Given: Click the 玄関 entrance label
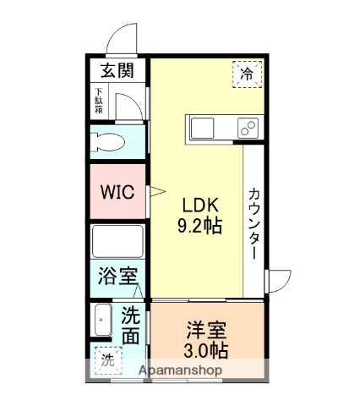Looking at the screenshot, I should [117, 71].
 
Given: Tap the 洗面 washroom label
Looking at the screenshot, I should [131, 326].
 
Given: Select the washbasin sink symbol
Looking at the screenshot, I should [102, 321].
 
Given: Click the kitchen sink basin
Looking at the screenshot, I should [205, 129].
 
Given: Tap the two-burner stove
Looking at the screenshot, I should [247, 129].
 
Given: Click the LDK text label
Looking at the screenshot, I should [201, 206].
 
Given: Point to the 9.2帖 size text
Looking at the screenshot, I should [201, 227].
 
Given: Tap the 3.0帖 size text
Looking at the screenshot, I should [206, 348].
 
